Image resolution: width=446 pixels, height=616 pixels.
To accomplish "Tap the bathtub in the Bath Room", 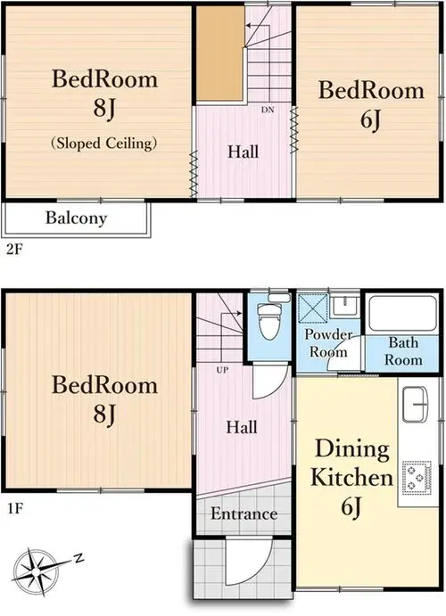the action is (x=403, y=313).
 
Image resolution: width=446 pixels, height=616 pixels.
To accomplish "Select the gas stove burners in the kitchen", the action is (x=417, y=478).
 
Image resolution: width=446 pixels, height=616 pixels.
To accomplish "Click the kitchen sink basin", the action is (x=416, y=404).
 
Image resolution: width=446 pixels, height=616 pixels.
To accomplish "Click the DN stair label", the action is (x=268, y=110).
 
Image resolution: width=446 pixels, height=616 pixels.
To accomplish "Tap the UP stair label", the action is (x=222, y=370).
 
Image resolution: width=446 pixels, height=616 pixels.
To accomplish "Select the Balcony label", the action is (x=76, y=218).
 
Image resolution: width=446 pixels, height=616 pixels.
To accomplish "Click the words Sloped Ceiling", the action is (x=104, y=143).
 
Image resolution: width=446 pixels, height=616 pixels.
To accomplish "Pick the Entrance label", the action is (x=244, y=513).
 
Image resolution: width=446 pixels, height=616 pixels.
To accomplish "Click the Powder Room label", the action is (x=328, y=342).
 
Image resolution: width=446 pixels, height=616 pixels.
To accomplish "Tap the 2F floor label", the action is (x=15, y=250).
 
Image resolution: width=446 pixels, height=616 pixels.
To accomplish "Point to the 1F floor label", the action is (x=15, y=509).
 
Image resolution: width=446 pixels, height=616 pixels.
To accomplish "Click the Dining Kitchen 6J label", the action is (x=351, y=477).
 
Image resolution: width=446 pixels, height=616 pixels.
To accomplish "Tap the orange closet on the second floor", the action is (x=220, y=53).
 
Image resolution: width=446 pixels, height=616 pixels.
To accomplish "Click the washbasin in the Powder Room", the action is (x=343, y=307).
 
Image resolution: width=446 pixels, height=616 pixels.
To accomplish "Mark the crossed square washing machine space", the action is (x=313, y=308).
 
